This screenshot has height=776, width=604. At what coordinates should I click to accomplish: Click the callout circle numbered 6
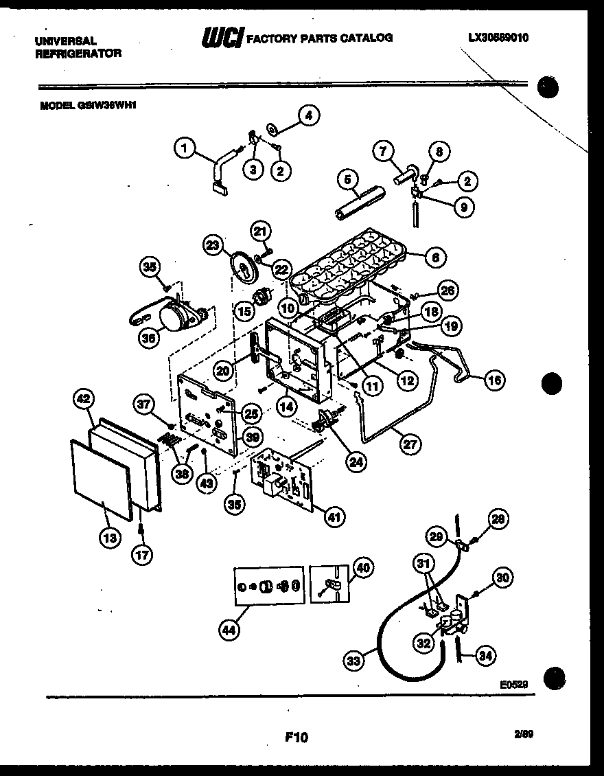tap(435, 258)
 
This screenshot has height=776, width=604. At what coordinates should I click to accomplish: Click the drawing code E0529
tap(513, 684)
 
